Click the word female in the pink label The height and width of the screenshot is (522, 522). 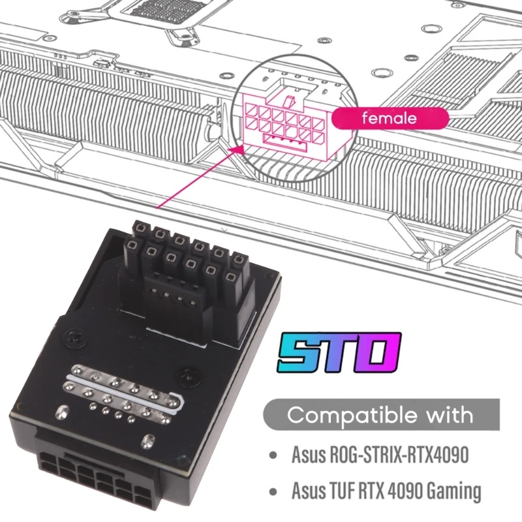(390, 119)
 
